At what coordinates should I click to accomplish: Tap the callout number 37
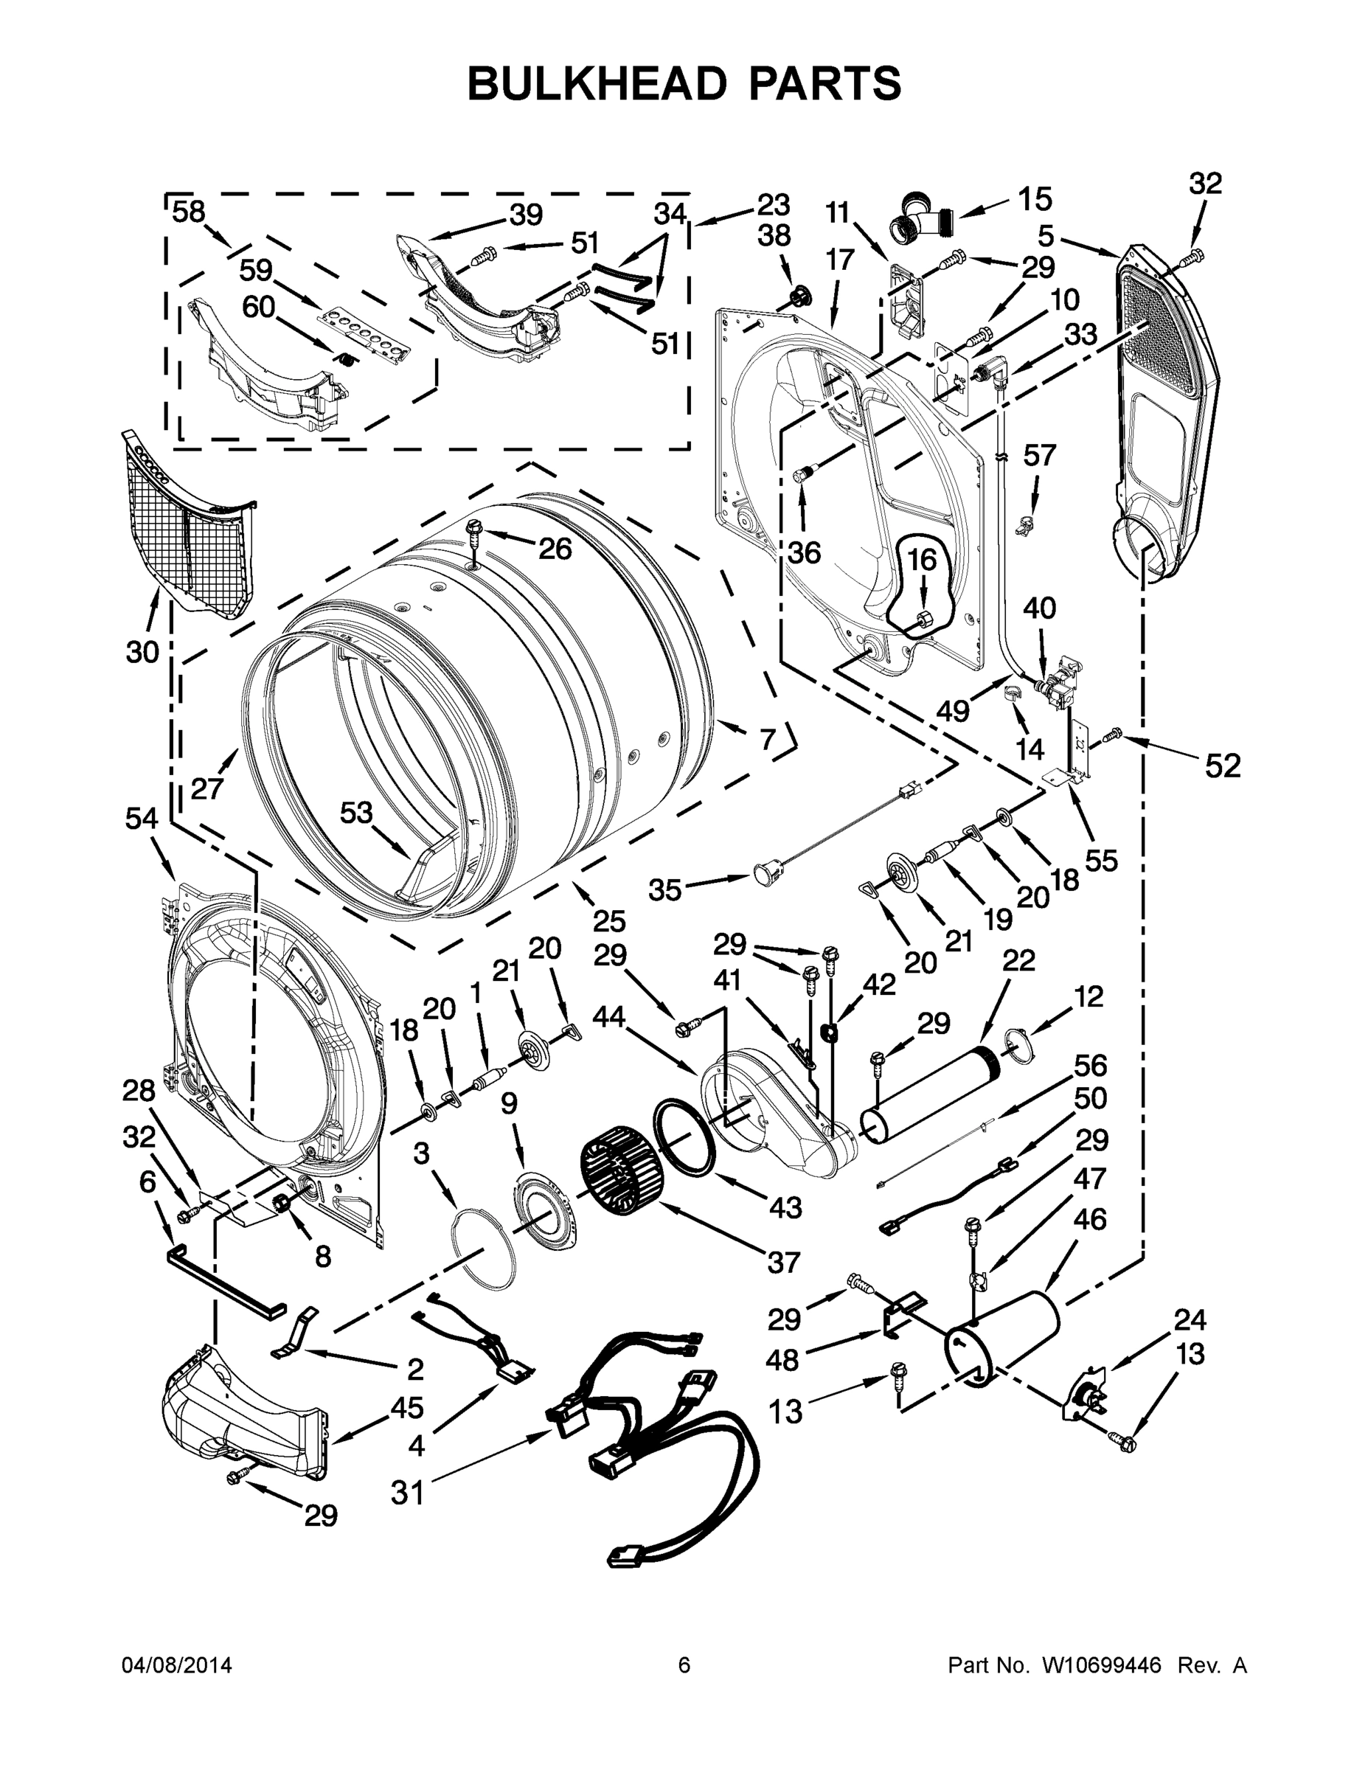click(x=783, y=1262)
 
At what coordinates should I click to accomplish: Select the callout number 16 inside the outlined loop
click(x=921, y=559)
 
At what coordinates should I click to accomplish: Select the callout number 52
click(x=1222, y=765)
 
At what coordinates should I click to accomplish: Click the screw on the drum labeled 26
click(x=474, y=532)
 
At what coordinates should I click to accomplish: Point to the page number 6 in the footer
click(x=684, y=1665)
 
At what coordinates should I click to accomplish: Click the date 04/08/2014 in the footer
click(x=177, y=1665)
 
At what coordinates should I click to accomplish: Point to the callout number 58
click(x=189, y=212)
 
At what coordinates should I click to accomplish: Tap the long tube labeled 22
click(x=932, y=1094)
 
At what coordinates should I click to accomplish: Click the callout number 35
click(x=664, y=890)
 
